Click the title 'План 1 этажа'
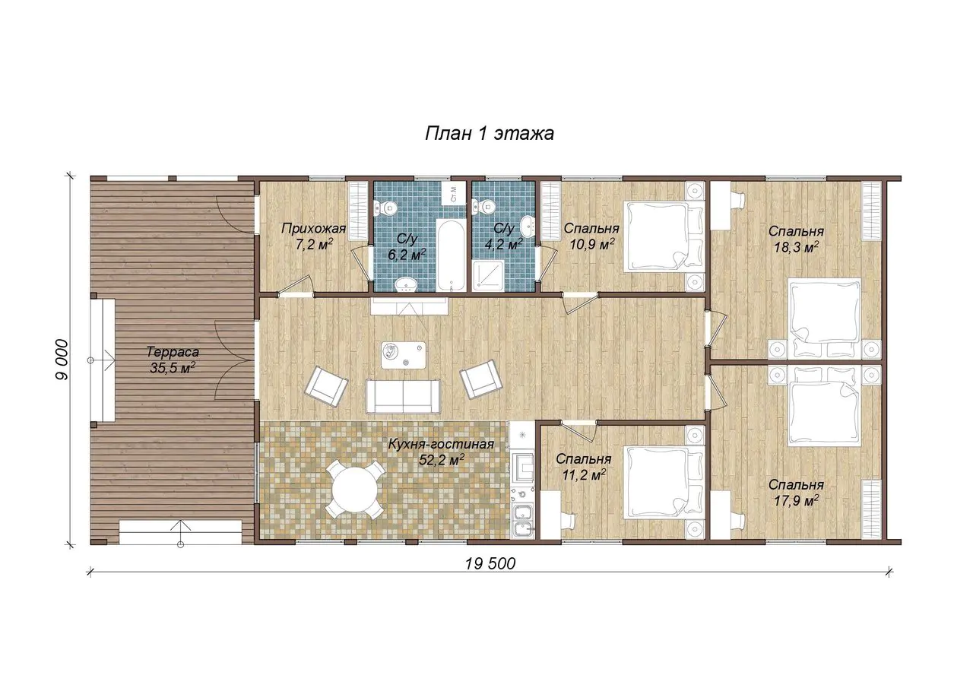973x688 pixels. pos(489,134)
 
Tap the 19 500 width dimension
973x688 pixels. pos(490,564)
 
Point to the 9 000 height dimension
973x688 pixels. pos(62,360)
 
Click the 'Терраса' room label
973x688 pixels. pos(173,351)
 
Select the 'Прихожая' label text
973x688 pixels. pos(314,228)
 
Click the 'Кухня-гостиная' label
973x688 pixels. pos(441,444)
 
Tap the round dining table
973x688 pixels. pos(355,490)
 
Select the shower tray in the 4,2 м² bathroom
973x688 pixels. pos(489,276)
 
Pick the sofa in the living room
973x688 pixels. pos(403,396)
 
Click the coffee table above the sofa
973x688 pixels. pos(404,355)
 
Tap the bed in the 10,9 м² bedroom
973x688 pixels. pos(664,236)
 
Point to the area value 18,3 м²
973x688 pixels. pos(796,248)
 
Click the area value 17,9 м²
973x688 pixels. pos(796,500)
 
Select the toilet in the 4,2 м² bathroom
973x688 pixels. pos(486,206)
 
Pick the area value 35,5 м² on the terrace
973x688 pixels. pos(173,368)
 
